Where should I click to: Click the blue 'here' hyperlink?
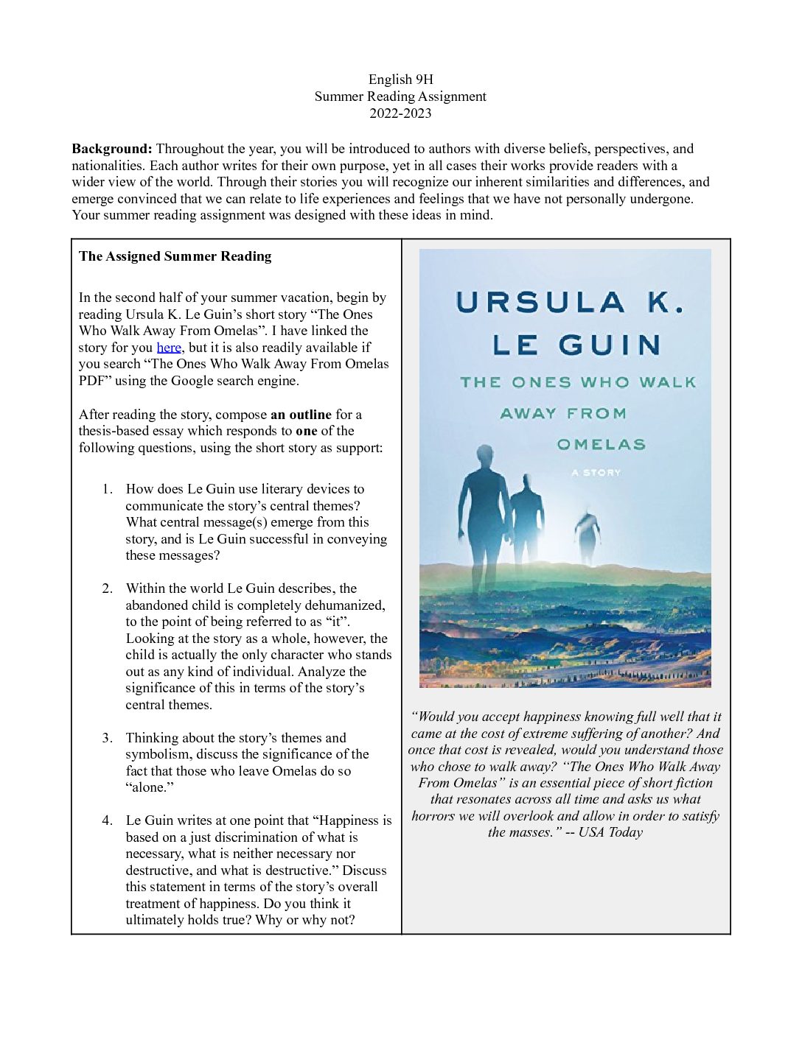tap(169, 348)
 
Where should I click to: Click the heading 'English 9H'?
tap(400, 80)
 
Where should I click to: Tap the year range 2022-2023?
tap(400, 113)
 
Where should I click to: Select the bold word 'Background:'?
tap(111, 149)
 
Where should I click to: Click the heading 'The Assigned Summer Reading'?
tap(175, 256)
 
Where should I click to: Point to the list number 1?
tap(108, 489)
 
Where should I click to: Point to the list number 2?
tap(108, 588)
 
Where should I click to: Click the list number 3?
tap(108, 738)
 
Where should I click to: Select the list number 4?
tap(108, 820)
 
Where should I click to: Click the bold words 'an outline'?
tap(301, 415)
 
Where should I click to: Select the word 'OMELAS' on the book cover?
tap(601, 444)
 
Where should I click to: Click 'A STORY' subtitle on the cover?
tap(596, 473)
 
